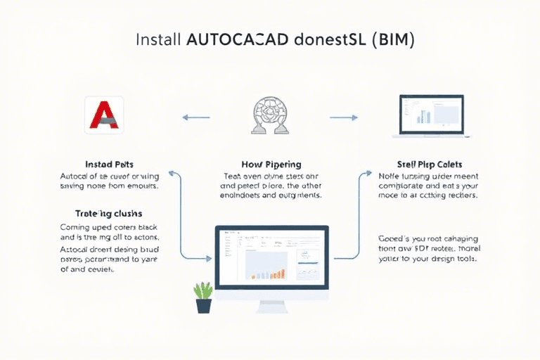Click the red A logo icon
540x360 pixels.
click(x=103, y=115)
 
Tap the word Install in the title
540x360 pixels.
click(x=159, y=39)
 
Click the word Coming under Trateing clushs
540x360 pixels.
click(x=77, y=226)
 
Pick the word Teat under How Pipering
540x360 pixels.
click(x=233, y=175)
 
